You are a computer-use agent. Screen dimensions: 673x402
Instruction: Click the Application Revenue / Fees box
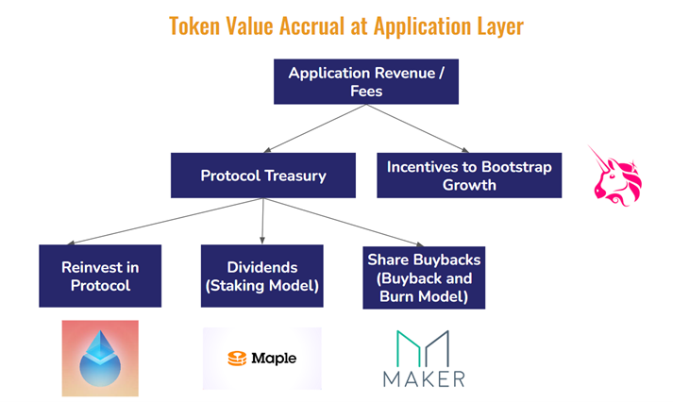click(366, 81)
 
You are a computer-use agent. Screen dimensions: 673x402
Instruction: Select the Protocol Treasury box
click(263, 176)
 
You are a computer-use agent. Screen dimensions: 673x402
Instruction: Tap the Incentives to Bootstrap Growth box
click(469, 176)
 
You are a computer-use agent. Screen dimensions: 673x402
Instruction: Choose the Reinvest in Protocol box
click(100, 276)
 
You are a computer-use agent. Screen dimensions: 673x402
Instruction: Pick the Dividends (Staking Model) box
click(261, 276)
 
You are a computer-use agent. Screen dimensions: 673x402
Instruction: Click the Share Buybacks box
click(424, 277)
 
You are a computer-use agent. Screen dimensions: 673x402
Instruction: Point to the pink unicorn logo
click(616, 176)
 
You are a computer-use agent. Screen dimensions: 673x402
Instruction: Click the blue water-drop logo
click(100, 359)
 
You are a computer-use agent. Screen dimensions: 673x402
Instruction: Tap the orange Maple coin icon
click(237, 359)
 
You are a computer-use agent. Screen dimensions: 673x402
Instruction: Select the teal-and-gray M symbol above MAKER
click(423, 348)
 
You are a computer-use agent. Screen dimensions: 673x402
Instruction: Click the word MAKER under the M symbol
click(424, 379)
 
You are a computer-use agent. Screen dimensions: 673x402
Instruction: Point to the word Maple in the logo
click(274, 359)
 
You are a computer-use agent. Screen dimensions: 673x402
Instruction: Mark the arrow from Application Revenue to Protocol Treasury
click(314, 128)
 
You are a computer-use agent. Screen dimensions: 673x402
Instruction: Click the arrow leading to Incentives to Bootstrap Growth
click(417, 128)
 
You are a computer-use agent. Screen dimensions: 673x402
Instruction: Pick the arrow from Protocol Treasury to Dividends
click(262, 222)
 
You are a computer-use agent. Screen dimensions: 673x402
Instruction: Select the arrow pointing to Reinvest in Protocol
click(165, 222)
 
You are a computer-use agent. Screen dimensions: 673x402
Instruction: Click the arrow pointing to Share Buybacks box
click(344, 223)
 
